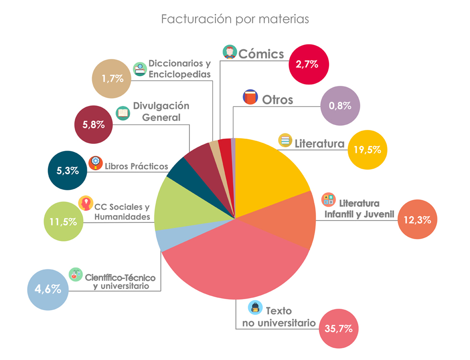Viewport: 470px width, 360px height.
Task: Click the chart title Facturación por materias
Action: coord(235,19)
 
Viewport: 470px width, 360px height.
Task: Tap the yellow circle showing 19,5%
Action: coord(367,150)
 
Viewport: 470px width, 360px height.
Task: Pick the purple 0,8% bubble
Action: coord(340,106)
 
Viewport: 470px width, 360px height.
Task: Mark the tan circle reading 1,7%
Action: coord(112,79)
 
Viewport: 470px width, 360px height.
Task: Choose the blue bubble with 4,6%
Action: coord(47,289)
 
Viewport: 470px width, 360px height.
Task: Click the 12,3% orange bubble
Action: coord(418,220)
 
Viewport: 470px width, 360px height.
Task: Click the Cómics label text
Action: coord(261,54)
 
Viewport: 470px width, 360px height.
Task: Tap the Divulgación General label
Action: coord(161,111)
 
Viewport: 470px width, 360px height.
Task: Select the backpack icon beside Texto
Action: coord(255,307)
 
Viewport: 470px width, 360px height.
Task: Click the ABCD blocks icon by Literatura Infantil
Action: coord(329,199)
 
